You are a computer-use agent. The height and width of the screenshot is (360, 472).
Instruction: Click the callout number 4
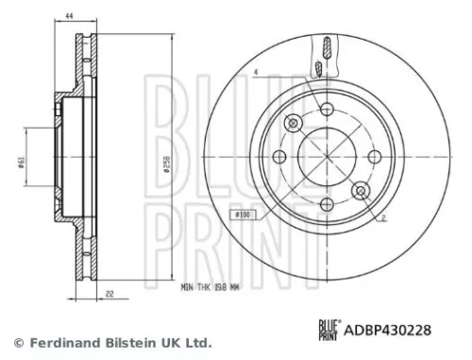pyautogui.click(x=256, y=74)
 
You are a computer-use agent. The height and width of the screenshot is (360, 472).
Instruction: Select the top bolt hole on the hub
pyautogui.click(x=326, y=109)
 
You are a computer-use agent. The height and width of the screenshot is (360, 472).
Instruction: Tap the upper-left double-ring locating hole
pyautogui.click(x=293, y=124)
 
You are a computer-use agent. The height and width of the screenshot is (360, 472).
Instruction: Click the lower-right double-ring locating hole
pyautogui.click(x=360, y=192)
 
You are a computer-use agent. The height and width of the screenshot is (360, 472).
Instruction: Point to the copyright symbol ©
pyautogui.click(x=16, y=341)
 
